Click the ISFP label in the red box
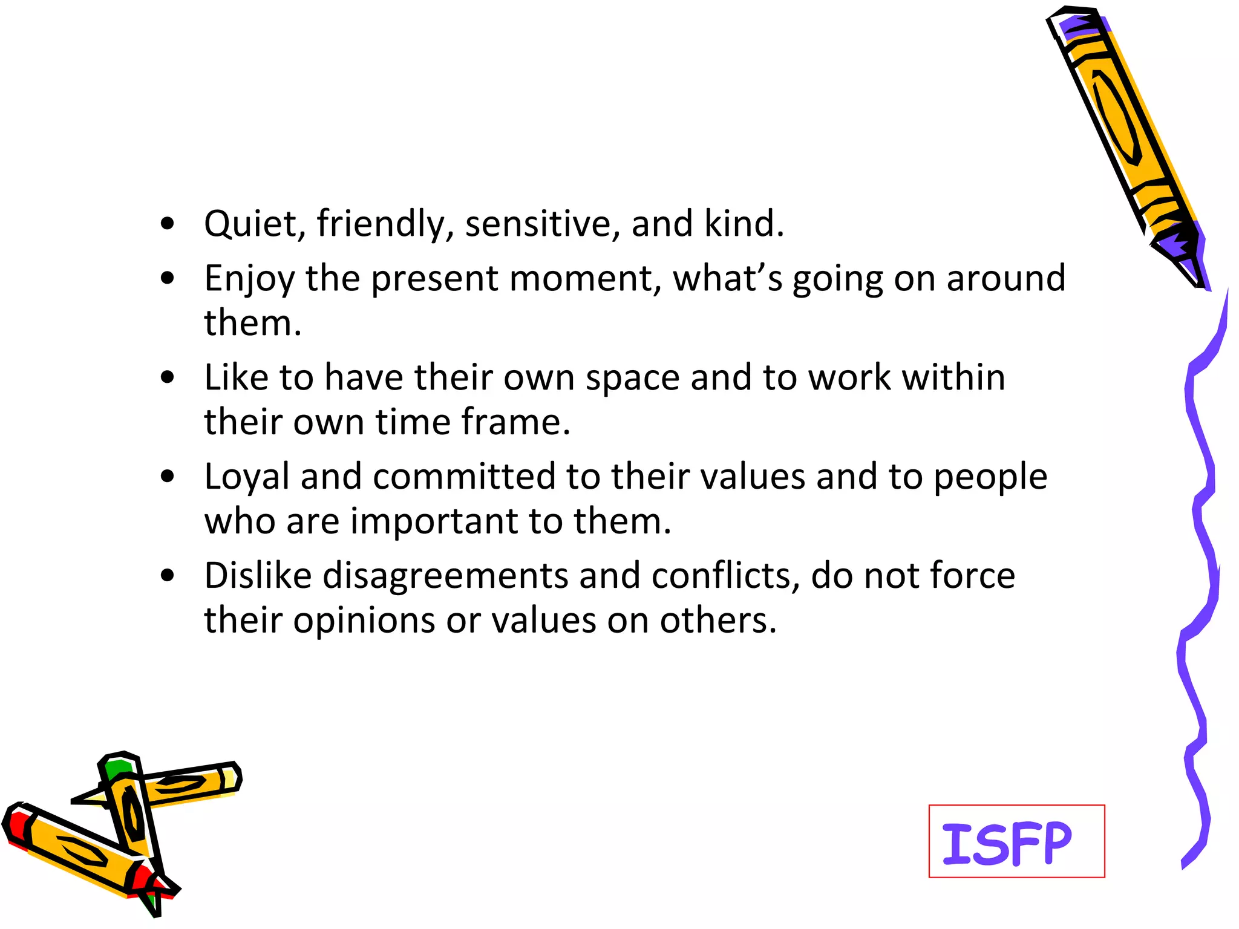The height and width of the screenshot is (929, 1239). pyautogui.click(x=1007, y=843)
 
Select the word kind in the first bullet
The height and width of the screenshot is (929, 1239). pyautogui.click(x=744, y=224)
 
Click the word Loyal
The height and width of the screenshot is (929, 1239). pyautogui.click(x=247, y=477)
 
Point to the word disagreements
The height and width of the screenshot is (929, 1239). pyautogui.click(x=445, y=576)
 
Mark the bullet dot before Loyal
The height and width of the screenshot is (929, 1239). pyautogui.click(x=168, y=477)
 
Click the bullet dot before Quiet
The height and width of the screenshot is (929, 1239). pyautogui.click(x=168, y=224)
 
